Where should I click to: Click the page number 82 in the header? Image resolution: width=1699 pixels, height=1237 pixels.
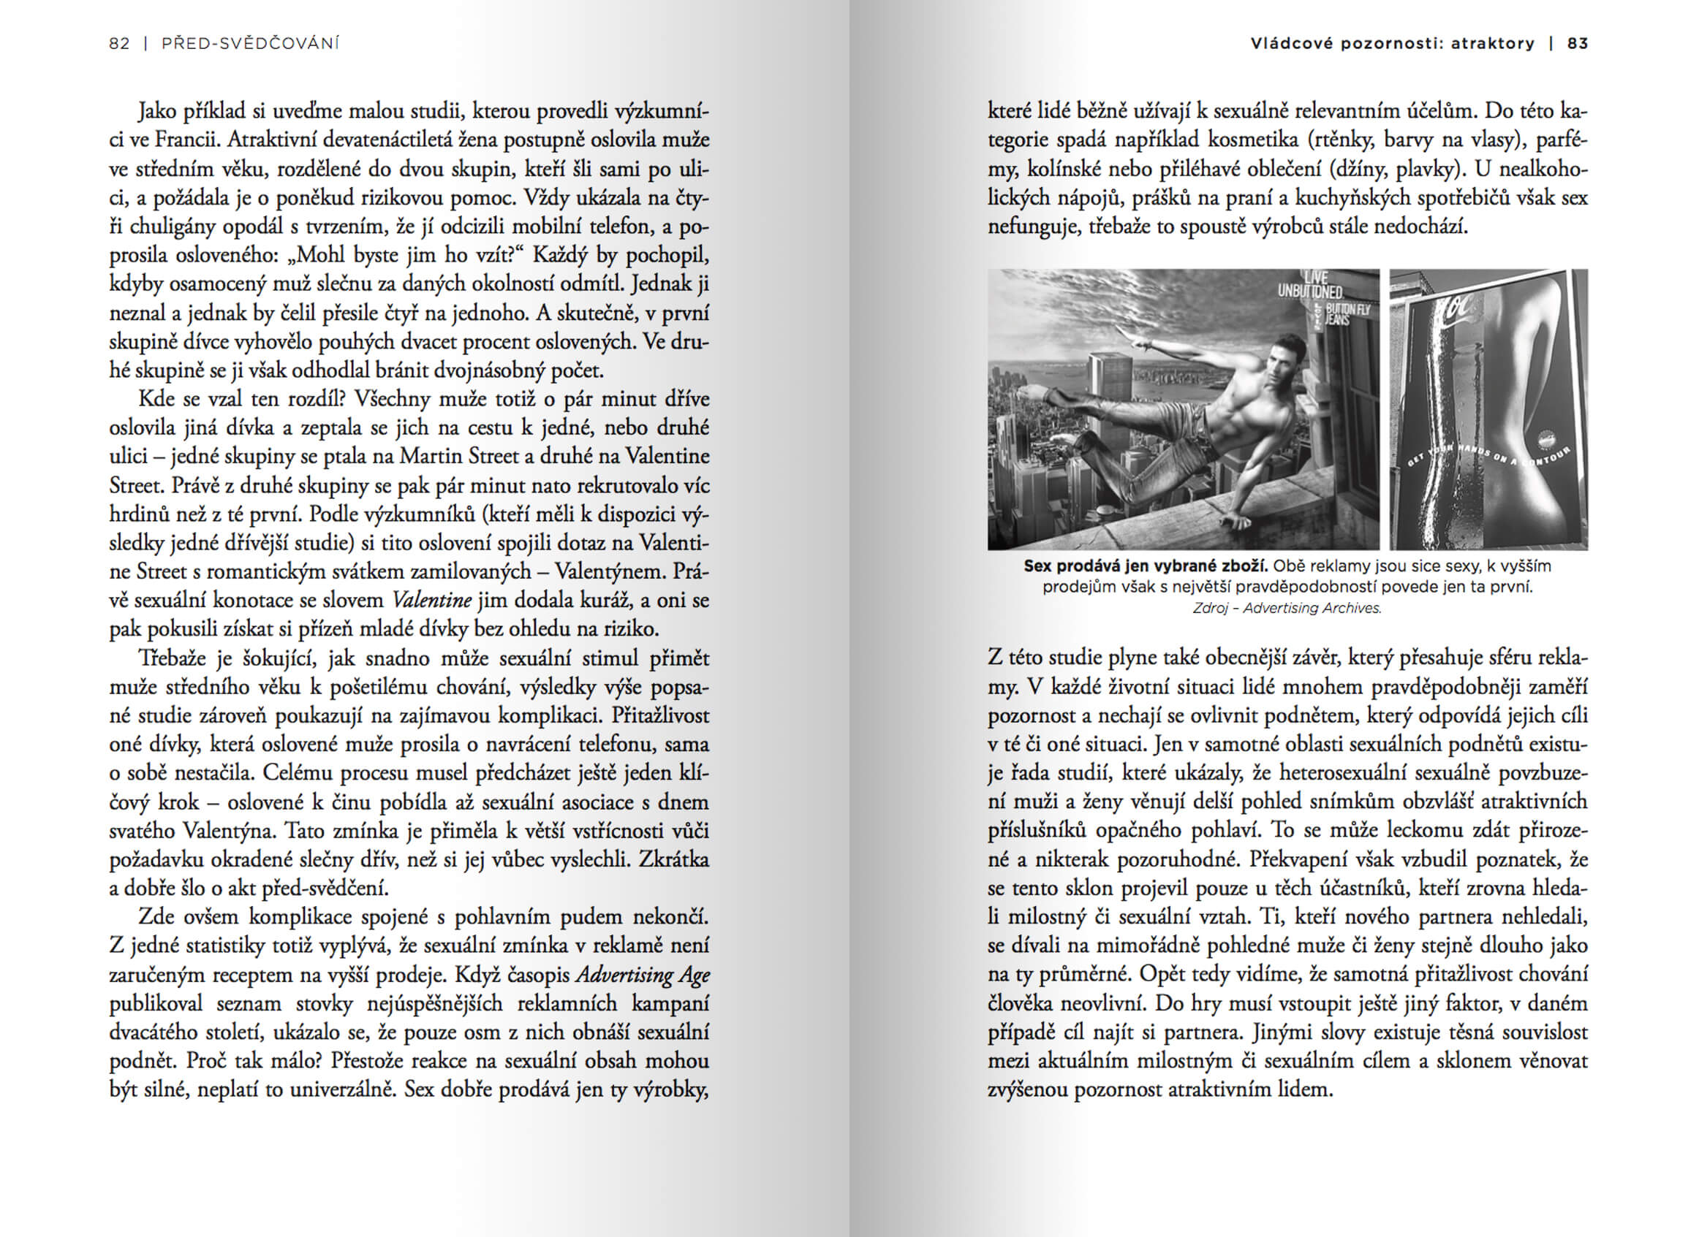click(119, 43)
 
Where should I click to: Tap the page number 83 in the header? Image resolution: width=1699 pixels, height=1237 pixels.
click(1577, 43)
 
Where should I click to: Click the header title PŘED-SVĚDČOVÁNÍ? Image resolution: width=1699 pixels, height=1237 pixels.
click(250, 43)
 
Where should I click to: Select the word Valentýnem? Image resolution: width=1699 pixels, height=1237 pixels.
click(604, 571)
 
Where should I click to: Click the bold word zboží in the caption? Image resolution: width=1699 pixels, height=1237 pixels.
click(1245, 566)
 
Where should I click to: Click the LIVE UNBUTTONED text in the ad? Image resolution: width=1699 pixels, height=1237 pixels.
click(1310, 285)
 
